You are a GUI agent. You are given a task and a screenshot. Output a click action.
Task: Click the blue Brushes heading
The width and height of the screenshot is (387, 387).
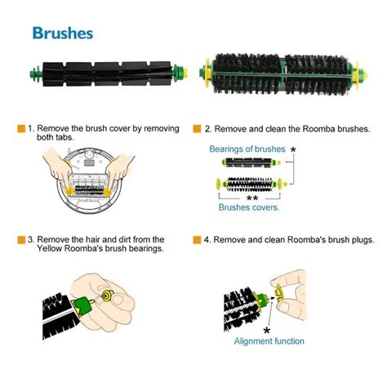(x=63, y=33)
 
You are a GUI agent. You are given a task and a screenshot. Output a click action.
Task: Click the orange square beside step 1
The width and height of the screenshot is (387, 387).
(x=21, y=129)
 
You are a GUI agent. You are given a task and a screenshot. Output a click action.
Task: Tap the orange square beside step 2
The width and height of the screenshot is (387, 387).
(x=197, y=129)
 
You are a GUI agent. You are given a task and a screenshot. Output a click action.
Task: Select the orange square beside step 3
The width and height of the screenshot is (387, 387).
(x=21, y=240)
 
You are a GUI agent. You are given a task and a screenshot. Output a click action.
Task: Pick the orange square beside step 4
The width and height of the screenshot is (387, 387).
(x=197, y=240)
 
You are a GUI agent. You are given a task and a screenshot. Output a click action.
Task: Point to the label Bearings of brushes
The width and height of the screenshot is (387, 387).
(x=247, y=149)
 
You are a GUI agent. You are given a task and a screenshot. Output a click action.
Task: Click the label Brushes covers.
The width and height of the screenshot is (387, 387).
(x=249, y=207)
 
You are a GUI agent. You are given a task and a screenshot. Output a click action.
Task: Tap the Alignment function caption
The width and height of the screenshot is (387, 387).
(x=269, y=341)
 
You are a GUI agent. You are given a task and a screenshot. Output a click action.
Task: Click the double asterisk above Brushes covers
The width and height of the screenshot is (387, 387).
(x=252, y=198)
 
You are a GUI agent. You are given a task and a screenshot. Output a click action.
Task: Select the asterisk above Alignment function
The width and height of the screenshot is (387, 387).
(x=267, y=331)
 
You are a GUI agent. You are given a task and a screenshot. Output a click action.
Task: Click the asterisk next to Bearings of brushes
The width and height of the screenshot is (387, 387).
(x=293, y=149)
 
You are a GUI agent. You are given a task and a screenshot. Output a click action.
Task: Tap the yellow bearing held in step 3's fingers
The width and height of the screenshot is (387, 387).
(x=108, y=295)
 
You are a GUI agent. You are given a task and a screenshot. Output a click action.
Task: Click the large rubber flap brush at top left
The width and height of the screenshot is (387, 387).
(x=109, y=73)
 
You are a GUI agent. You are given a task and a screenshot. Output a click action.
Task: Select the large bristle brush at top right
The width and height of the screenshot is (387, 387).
(x=283, y=73)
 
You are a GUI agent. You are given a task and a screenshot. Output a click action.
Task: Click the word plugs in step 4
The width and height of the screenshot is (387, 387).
(x=363, y=240)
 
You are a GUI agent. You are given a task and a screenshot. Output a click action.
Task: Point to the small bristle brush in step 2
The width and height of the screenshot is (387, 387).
(x=251, y=185)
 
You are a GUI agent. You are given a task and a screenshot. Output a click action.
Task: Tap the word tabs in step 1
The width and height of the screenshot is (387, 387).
(x=65, y=137)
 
